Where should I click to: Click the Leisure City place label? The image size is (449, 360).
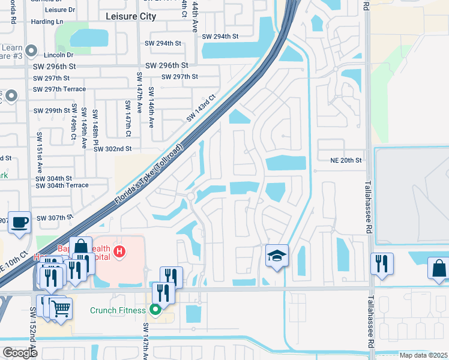point(130,16)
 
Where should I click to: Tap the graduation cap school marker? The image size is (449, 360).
point(277,256)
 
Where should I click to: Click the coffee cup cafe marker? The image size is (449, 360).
point(20,222)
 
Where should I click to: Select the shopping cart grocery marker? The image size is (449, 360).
point(61,309)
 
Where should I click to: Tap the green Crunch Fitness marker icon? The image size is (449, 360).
point(155,310)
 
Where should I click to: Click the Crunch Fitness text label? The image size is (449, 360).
point(118,310)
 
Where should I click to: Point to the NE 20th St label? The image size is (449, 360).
point(346,160)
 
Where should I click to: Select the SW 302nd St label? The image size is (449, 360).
point(112,148)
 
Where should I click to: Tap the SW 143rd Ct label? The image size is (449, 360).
point(200,107)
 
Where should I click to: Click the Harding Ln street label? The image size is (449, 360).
point(48,22)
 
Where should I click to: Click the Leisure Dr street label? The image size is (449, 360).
point(59,10)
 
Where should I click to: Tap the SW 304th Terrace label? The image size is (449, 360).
point(62,186)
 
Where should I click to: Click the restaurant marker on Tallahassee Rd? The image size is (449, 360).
point(382,264)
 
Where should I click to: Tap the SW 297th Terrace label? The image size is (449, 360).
point(59,89)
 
